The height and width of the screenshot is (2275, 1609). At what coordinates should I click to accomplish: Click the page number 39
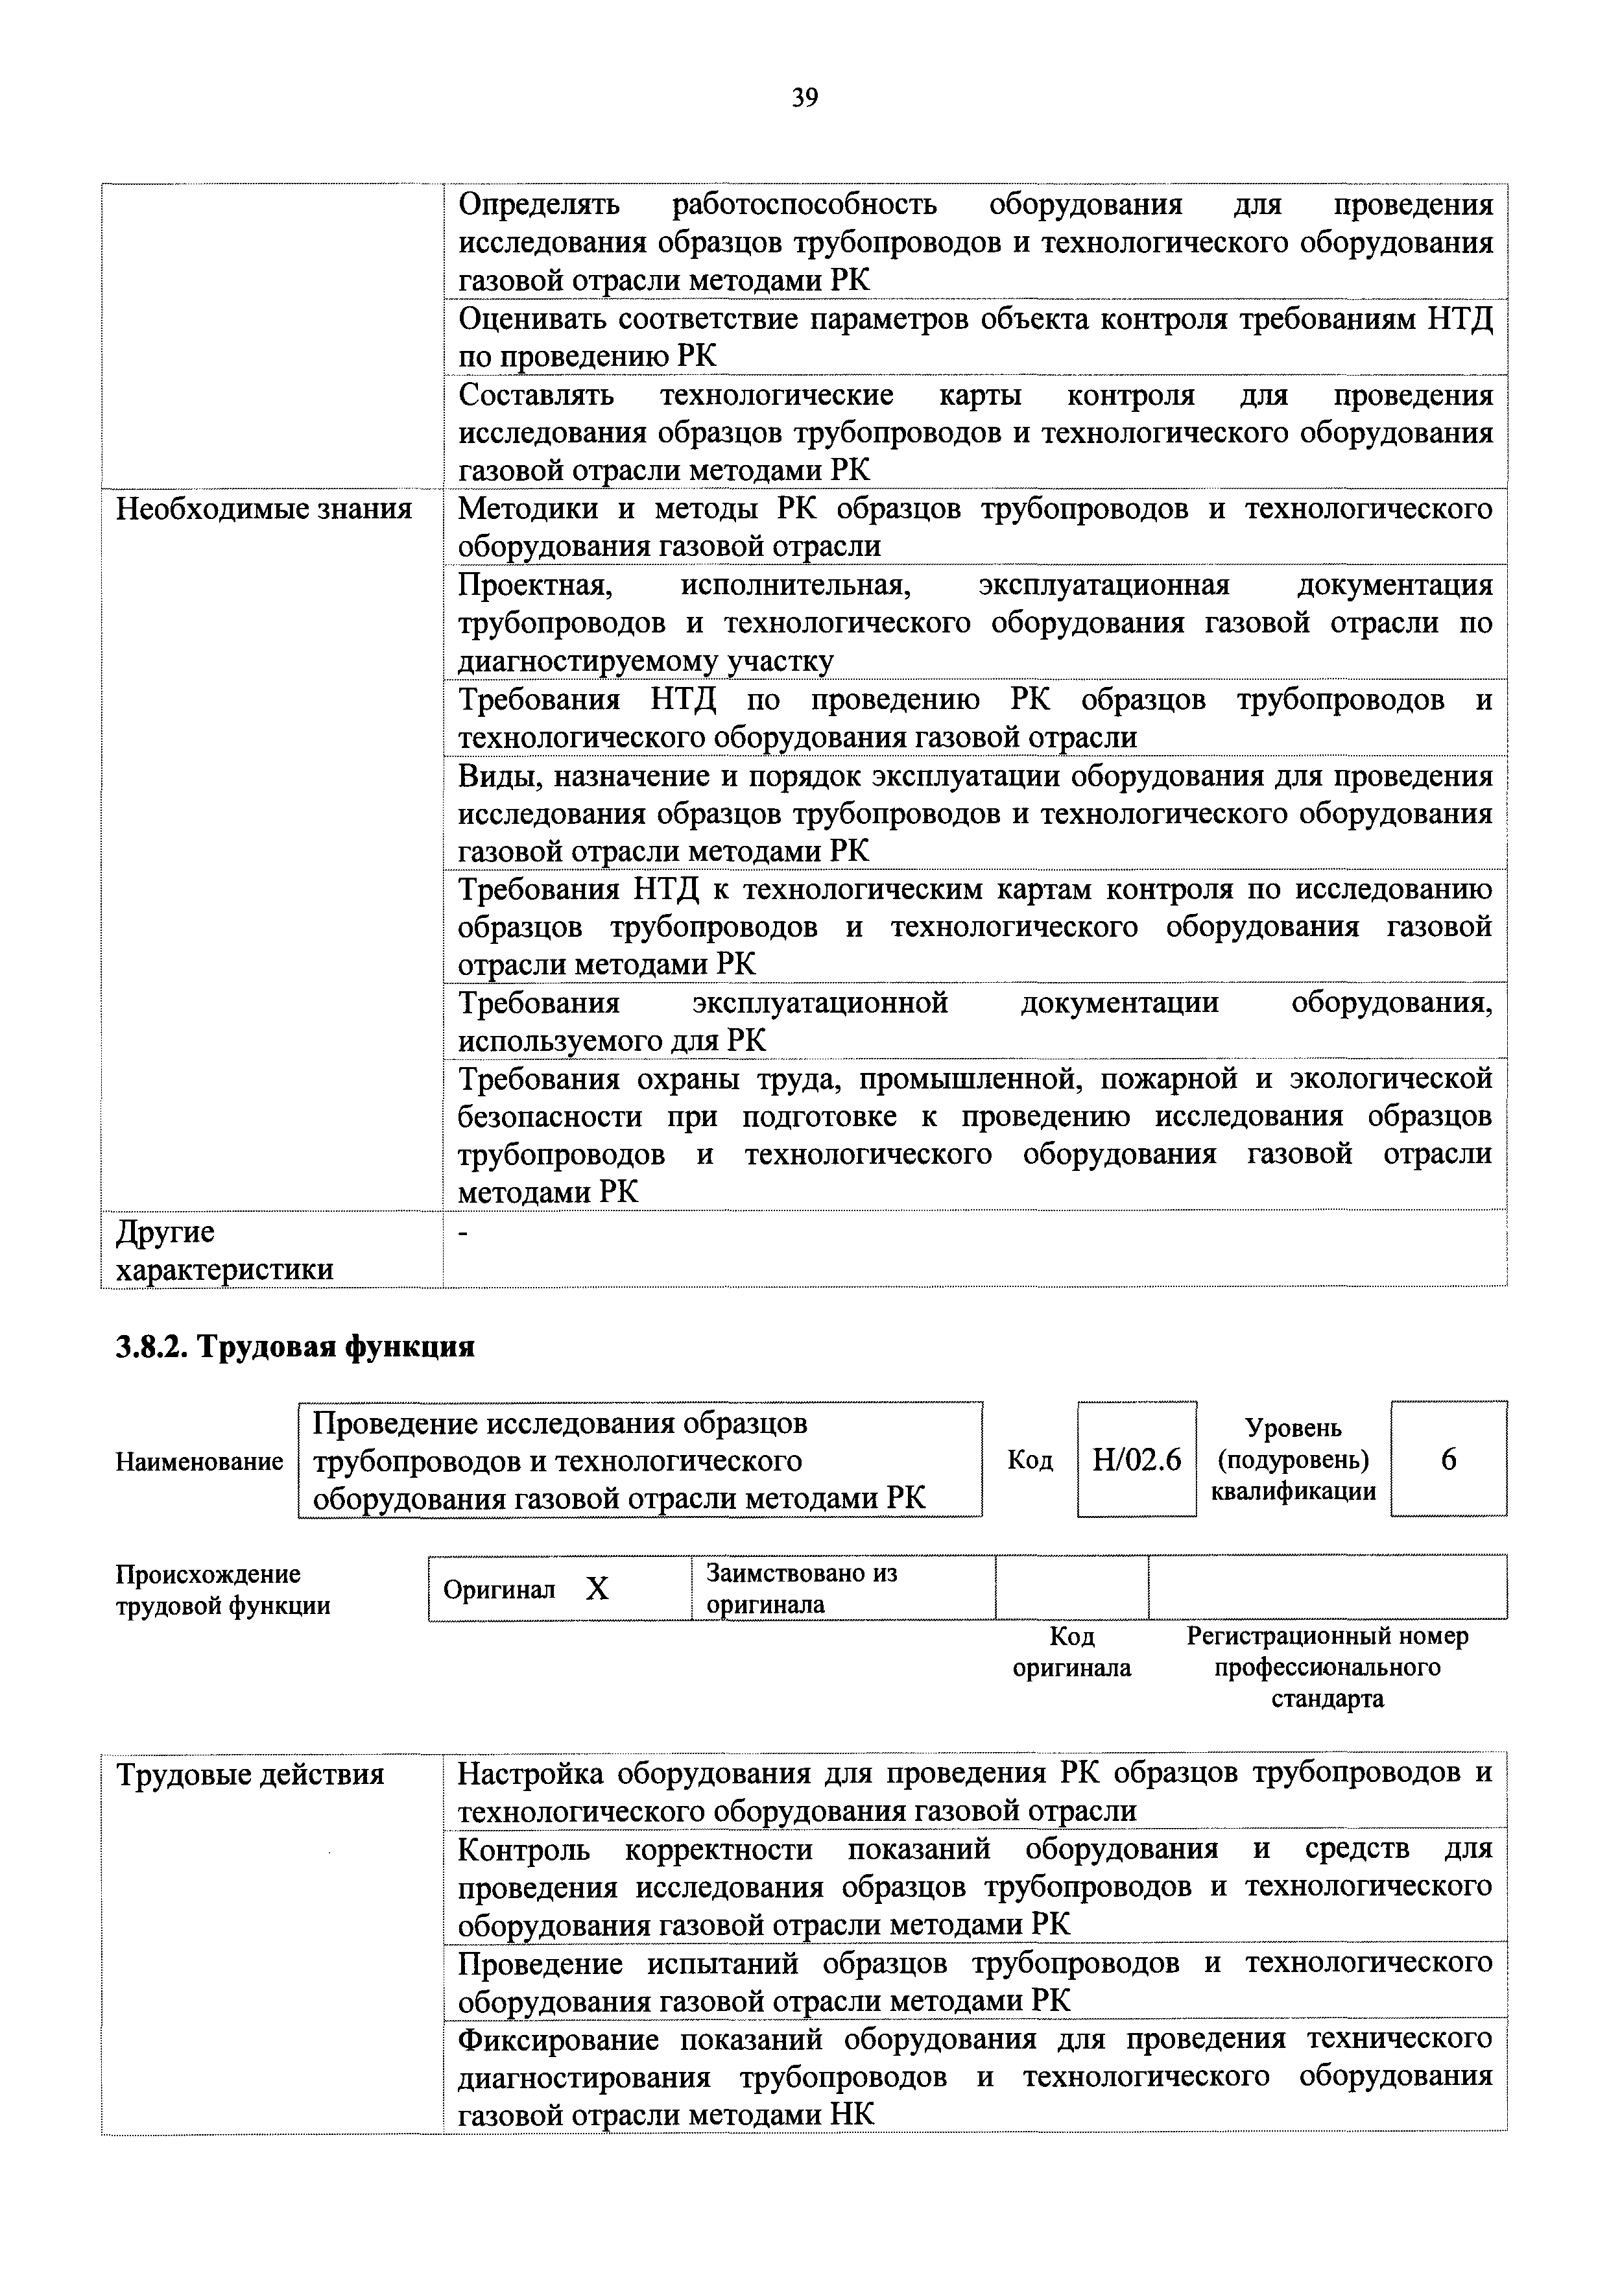click(x=804, y=97)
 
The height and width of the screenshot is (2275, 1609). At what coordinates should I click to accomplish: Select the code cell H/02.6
click(x=1136, y=1460)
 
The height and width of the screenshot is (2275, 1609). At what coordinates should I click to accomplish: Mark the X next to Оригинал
click(x=597, y=1589)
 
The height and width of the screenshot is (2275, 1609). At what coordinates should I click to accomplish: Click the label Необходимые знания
click(x=263, y=509)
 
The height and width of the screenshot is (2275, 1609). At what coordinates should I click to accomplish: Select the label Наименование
click(x=199, y=1460)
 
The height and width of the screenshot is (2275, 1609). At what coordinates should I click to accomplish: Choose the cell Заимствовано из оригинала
click(x=802, y=1588)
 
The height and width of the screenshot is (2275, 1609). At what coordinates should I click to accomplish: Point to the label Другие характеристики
click(x=224, y=1251)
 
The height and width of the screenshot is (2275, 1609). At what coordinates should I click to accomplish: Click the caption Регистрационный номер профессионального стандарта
click(x=1327, y=1667)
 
